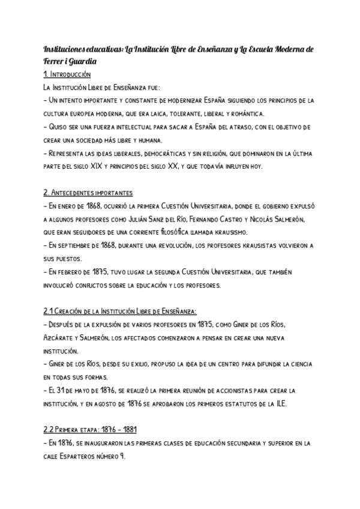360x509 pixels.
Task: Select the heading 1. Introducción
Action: tap(67, 75)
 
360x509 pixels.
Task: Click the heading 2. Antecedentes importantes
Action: tap(88, 193)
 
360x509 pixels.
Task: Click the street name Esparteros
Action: tap(76, 457)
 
